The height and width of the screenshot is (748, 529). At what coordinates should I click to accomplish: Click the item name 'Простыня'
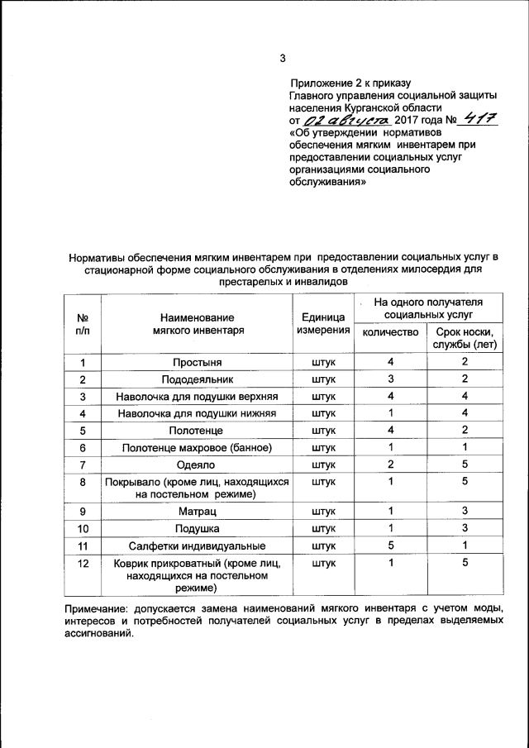197,362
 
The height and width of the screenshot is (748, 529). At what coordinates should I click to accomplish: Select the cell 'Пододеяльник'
197,379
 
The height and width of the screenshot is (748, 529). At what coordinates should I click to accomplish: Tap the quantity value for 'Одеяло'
390,464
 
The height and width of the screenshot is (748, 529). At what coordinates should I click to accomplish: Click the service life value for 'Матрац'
465,511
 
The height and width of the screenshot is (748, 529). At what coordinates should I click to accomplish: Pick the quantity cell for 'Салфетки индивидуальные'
390,546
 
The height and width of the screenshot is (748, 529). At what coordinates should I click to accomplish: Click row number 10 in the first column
83,528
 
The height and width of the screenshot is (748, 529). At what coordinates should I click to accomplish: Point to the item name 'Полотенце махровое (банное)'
197,447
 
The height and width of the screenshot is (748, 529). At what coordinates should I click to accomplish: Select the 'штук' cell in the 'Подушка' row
323,528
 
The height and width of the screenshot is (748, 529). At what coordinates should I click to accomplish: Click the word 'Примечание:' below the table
100,609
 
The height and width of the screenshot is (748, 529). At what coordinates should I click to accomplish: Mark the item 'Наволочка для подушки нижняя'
197,413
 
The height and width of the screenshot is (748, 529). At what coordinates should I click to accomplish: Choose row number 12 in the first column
83,563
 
